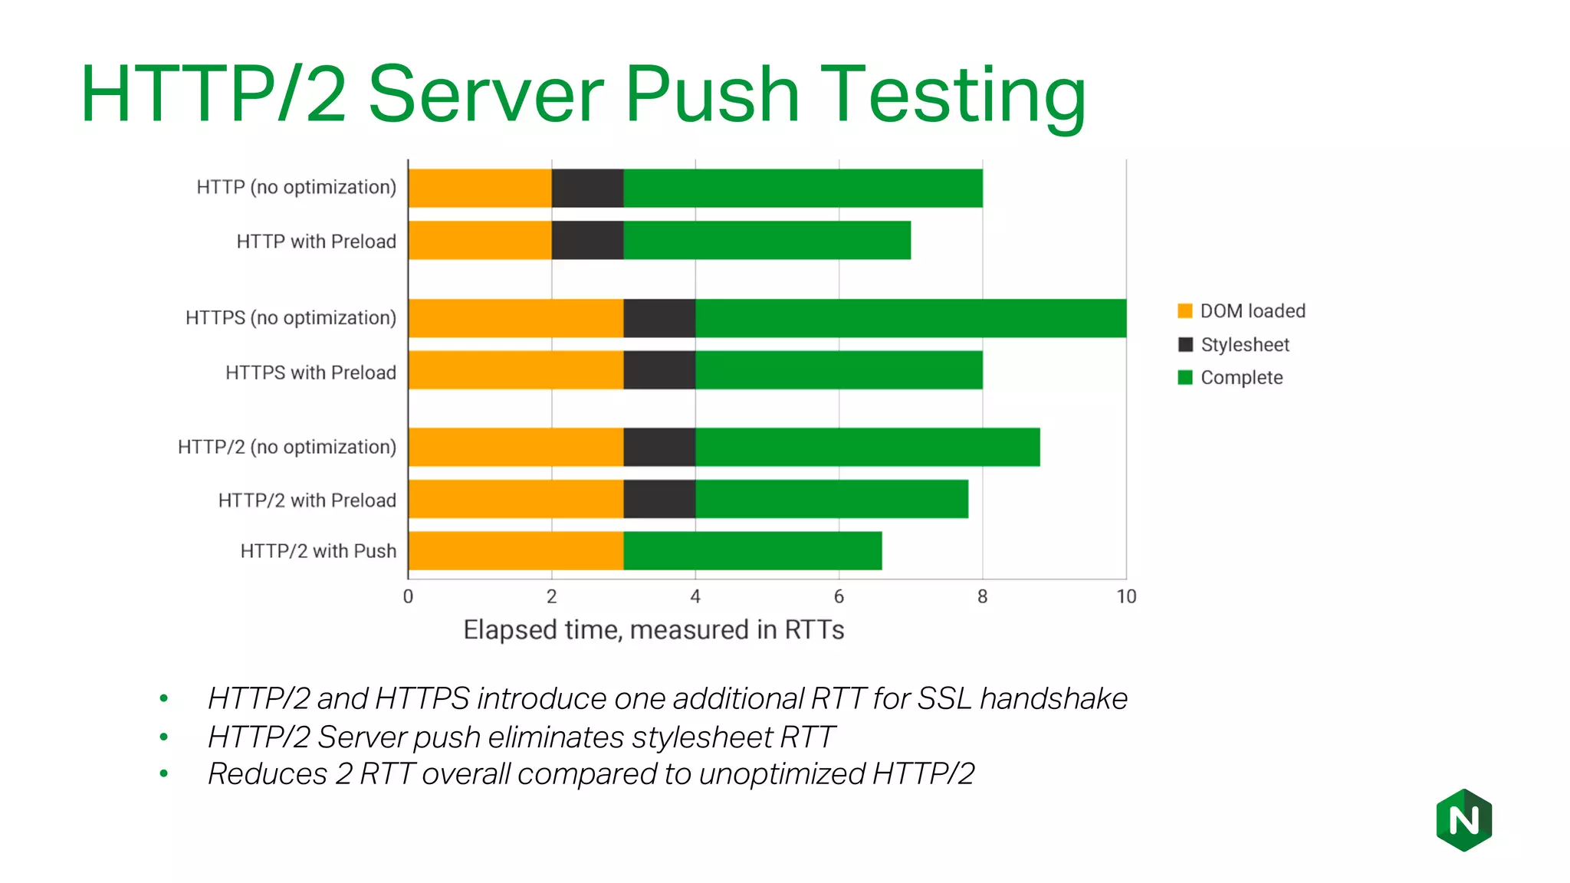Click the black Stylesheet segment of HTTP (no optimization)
(x=587, y=188)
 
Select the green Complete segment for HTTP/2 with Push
(x=752, y=551)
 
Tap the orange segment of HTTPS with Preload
(x=516, y=370)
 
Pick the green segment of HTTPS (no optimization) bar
(x=911, y=318)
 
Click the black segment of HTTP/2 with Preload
(x=659, y=499)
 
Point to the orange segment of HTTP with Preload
(x=480, y=241)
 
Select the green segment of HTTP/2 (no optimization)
(x=867, y=447)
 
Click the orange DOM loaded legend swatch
(x=1185, y=311)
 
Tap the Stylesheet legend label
(x=1245, y=345)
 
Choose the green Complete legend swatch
(x=1185, y=378)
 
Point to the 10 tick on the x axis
(x=1126, y=596)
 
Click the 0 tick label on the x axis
(x=408, y=596)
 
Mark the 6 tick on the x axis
(x=839, y=596)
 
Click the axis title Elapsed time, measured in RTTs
(x=653, y=630)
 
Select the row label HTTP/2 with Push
(x=318, y=551)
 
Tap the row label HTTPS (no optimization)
(x=291, y=318)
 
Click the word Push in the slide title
(x=712, y=94)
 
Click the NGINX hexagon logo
(x=1463, y=820)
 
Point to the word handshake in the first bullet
(x=1053, y=699)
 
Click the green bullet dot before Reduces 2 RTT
(x=163, y=774)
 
